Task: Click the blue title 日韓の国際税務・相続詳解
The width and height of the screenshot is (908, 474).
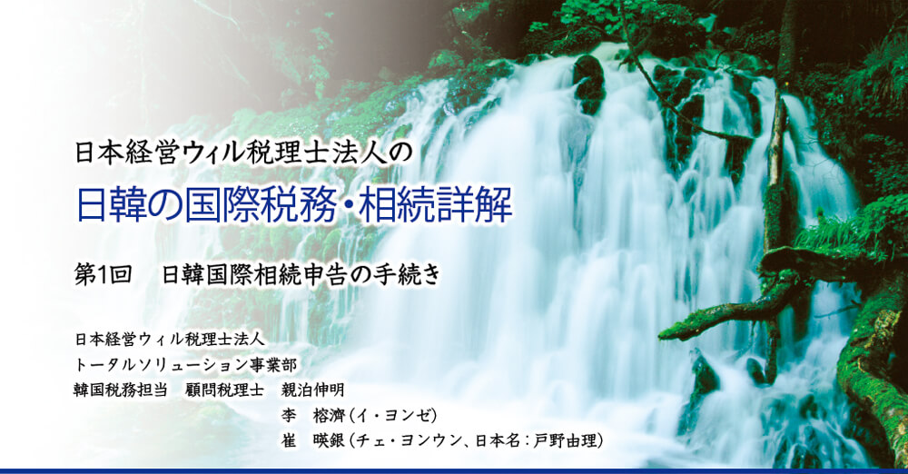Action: click(294, 206)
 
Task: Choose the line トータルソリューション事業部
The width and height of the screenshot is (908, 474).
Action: click(185, 365)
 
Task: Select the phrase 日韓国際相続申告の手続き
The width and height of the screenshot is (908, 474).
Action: click(301, 274)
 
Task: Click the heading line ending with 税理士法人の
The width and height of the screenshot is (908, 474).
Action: click(243, 153)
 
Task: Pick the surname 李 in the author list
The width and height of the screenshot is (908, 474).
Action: click(289, 416)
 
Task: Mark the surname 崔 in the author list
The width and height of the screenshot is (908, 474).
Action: click(289, 441)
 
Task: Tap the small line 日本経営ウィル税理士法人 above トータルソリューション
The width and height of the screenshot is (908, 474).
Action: click(170, 339)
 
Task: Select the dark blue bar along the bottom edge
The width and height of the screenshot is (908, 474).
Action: click(454, 470)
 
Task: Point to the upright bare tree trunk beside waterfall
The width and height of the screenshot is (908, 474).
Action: click(775, 173)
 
